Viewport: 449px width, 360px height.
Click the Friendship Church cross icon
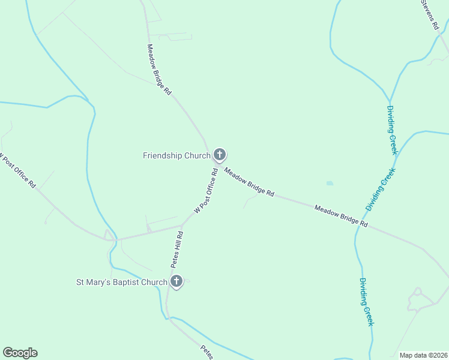[220, 155]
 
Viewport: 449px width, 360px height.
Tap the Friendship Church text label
[176, 155]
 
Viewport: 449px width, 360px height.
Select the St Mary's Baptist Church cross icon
[176, 281]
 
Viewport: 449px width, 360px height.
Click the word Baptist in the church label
[128, 282]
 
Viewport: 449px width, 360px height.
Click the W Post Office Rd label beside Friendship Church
[206, 190]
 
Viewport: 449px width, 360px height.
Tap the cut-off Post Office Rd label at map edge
[17, 172]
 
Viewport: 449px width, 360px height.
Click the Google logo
[20, 353]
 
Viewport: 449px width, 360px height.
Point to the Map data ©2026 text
[423, 355]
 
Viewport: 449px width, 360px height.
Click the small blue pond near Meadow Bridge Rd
[329, 183]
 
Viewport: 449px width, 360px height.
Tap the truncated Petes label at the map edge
[207, 352]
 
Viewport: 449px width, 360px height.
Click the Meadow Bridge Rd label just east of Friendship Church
[249, 182]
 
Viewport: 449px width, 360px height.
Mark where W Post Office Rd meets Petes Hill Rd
[182, 226]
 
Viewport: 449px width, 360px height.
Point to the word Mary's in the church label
[100, 282]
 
